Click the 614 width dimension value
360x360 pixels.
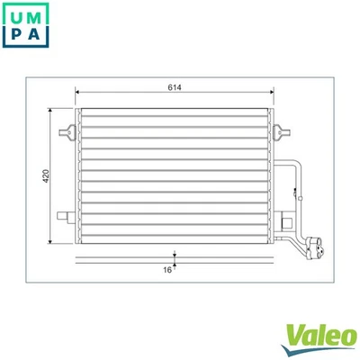(x=175, y=87)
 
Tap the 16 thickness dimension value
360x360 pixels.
(x=167, y=268)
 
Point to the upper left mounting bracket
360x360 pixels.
(x=65, y=133)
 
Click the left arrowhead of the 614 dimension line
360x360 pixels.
(x=79, y=94)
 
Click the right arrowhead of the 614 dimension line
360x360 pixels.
(x=271, y=94)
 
